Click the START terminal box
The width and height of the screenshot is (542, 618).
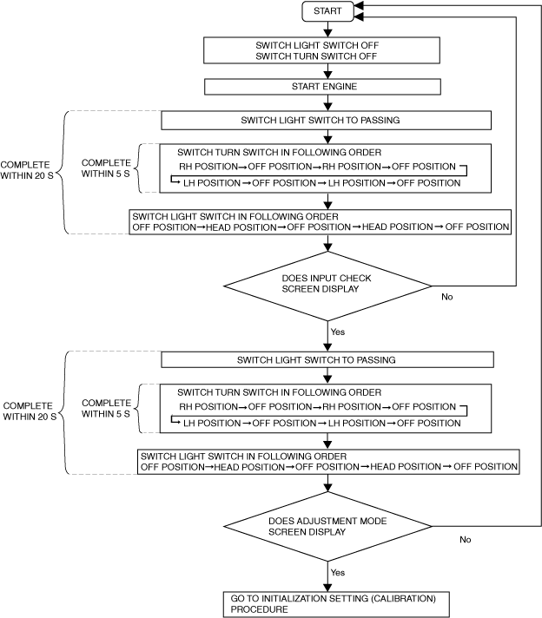coord(327,11)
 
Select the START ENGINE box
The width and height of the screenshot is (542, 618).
coord(322,87)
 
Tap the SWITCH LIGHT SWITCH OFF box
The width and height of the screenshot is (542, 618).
coord(321,50)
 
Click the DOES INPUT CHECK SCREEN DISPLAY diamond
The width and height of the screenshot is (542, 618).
coord(327,286)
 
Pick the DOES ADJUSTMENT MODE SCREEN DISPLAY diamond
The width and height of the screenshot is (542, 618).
coord(327,526)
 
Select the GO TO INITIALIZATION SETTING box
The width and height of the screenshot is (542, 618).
coord(336,604)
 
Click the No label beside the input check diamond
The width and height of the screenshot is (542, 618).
coord(447,297)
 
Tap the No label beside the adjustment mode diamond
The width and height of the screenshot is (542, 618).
coord(465,540)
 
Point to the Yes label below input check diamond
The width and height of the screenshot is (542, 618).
coord(338,332)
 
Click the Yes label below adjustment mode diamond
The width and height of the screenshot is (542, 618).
coord(338,572)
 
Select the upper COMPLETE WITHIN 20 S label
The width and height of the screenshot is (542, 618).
coord(26,170)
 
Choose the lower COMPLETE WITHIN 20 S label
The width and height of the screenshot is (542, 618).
coord(30,411)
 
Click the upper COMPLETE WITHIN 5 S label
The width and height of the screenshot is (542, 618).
coord(106,168)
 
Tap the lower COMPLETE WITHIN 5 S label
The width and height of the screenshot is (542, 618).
coord(106,408)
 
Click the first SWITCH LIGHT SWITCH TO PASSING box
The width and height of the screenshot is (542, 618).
coord(327,120)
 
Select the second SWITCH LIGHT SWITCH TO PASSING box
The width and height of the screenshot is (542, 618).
coord(327,360)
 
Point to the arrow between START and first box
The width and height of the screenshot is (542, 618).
coord(327,30)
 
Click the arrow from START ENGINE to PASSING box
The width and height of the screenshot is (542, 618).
coord(327,103)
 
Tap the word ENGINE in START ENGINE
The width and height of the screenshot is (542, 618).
coord(340,86)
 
